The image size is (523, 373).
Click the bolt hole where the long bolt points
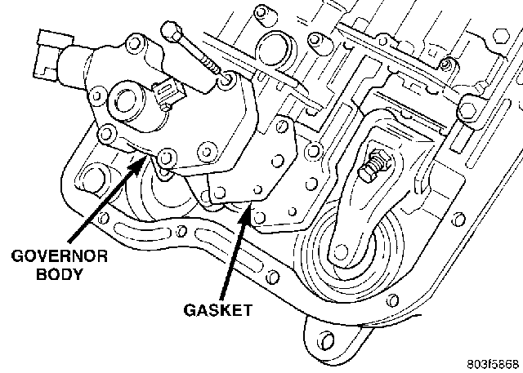[x=226, y=80]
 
